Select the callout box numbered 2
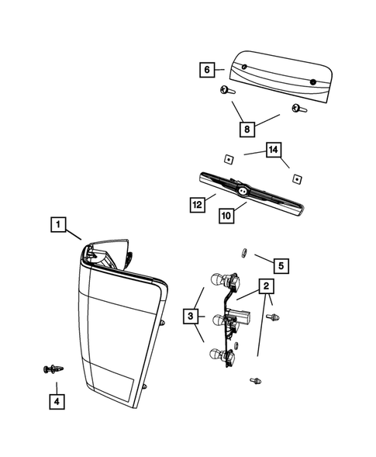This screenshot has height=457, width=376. click(265, 287)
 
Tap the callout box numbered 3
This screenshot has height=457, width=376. click(190, 316)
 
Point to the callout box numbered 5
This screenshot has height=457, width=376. click(281, 265)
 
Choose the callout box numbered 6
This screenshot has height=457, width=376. click(207, 70)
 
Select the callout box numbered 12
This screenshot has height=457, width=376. click(198, 204)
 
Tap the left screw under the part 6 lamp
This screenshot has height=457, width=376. click(226, 92)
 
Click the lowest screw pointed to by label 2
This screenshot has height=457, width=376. click(254, 380)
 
